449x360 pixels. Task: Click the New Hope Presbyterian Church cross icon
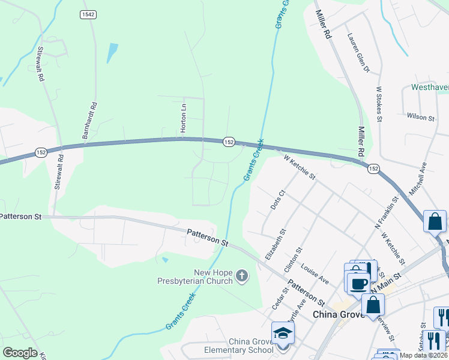click(x=241, y=275)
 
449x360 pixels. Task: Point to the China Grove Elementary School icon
click(x=283, y=333)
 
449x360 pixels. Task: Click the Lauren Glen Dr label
click(x=358, y=52)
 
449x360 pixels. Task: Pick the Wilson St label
click(x=420, y=117)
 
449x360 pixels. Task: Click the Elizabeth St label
click(x=276, y=244)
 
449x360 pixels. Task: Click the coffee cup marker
click(x=358, y=283)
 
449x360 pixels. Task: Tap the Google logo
click(x=20, y=353)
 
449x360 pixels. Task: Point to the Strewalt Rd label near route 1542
click(x=40, y=64)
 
